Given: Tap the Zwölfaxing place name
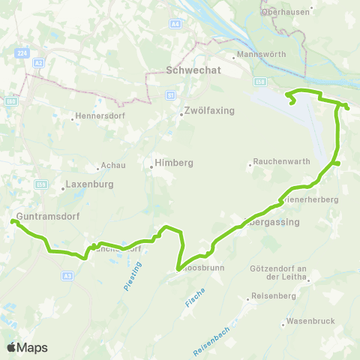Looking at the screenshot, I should point(209,111).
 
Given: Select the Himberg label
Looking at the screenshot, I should point(173,163).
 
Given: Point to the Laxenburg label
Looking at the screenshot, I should point(88,183).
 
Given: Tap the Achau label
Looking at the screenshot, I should point(115,166).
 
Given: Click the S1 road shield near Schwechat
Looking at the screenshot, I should point(171,95).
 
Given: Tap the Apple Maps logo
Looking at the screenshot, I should point(27,347).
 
